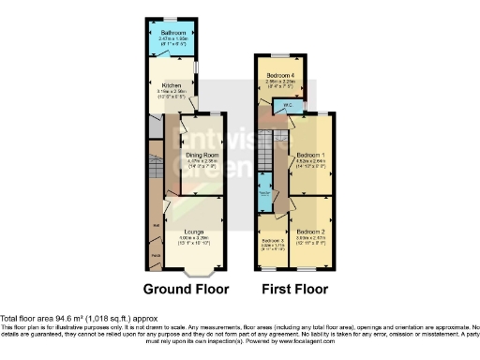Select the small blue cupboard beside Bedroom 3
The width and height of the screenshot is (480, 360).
tap(264, 187)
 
